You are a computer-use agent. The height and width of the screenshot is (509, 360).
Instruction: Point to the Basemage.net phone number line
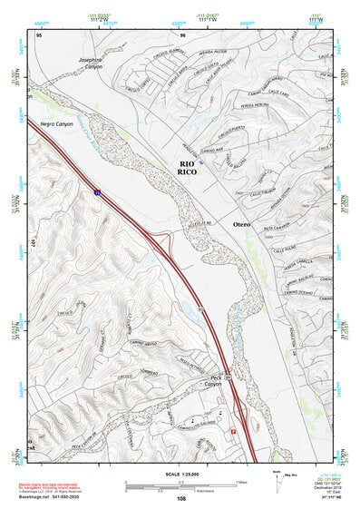[54, 495]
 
